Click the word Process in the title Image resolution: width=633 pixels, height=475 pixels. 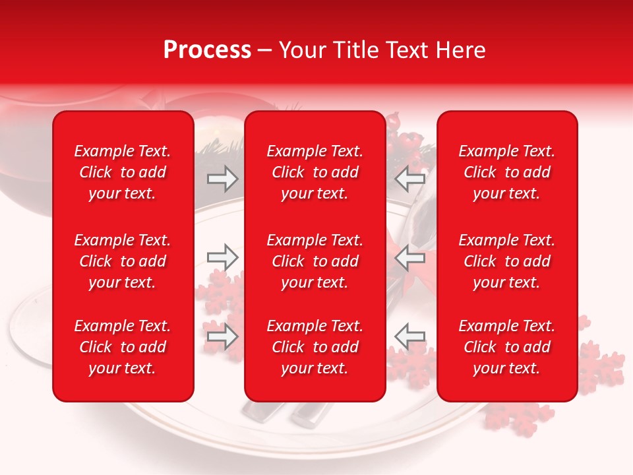207,50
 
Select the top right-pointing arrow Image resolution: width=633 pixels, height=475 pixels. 223,179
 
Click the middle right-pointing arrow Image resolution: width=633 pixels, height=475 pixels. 223,257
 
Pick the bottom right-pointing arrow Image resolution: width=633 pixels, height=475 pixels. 223,336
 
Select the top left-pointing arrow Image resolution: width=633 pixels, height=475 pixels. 409,179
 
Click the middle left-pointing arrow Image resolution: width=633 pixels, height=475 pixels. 409,257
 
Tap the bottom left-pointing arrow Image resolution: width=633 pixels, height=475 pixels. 409,336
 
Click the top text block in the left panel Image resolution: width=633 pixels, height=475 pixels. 123,172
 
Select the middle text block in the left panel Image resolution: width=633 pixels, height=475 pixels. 123,261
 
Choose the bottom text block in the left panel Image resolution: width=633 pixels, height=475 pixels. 123,347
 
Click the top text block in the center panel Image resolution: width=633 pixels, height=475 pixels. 315,172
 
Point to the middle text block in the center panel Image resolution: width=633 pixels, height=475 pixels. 315,261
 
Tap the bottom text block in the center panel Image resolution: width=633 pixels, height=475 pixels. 315,347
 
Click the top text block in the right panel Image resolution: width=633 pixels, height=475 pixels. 507,172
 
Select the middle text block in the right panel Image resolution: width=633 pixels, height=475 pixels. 507,261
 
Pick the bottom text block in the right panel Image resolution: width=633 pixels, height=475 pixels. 507,347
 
